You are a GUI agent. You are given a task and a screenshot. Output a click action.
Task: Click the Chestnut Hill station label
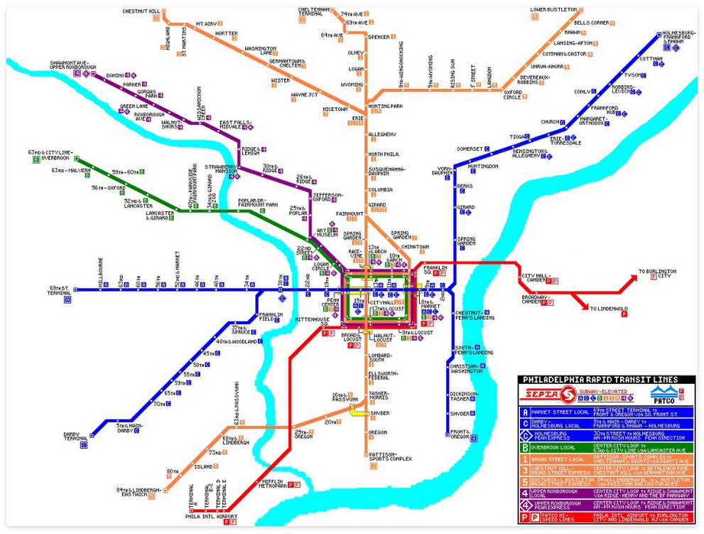[x=141, y=11]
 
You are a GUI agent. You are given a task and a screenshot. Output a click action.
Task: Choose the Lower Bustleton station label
[x=553, y=10]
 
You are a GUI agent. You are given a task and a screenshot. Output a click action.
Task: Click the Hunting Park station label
[x=385, y=106]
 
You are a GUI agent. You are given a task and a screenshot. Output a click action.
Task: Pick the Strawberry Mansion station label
[x=221, y=169]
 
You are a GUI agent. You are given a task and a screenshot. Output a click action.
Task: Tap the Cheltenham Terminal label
[x=313, y=12]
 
